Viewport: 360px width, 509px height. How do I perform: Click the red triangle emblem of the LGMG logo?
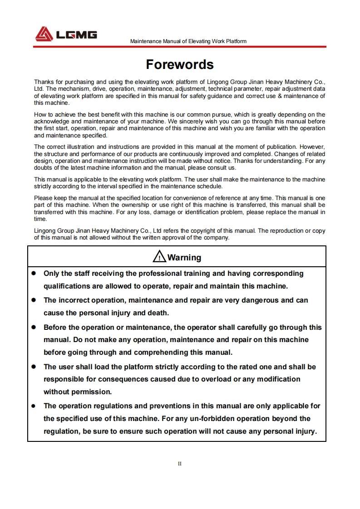click(44, 34)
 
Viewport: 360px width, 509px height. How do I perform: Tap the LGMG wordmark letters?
click(76, 34)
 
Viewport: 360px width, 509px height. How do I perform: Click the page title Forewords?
click(180, 64)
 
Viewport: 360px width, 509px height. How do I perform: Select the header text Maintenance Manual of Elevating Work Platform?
click(188, 41)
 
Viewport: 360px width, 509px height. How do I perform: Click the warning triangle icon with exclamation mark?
click(159, 257)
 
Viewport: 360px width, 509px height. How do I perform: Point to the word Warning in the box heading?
click(184, 258)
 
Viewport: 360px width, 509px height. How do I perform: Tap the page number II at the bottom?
click(180, 464)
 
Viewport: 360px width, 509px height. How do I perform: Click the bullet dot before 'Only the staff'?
click(34, 274)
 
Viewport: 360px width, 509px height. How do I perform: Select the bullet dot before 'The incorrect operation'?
click(34, 300)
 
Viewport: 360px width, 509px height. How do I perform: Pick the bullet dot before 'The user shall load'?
click(34, 367)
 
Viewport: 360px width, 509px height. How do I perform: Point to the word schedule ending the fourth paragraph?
click(210, 186)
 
